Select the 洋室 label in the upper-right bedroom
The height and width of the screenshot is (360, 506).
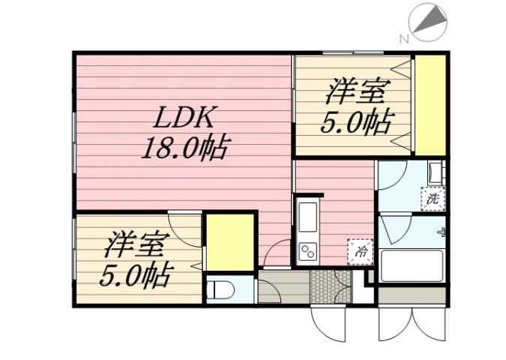click(355, 94)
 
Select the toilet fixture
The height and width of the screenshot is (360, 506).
click(217, 289)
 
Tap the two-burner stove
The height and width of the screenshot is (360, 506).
click(308, 250)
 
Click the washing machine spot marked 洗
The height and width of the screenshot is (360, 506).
click(433, 199)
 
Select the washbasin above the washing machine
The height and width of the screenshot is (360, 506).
click(435, 173)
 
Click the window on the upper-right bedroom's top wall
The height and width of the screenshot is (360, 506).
click(352, 53)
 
